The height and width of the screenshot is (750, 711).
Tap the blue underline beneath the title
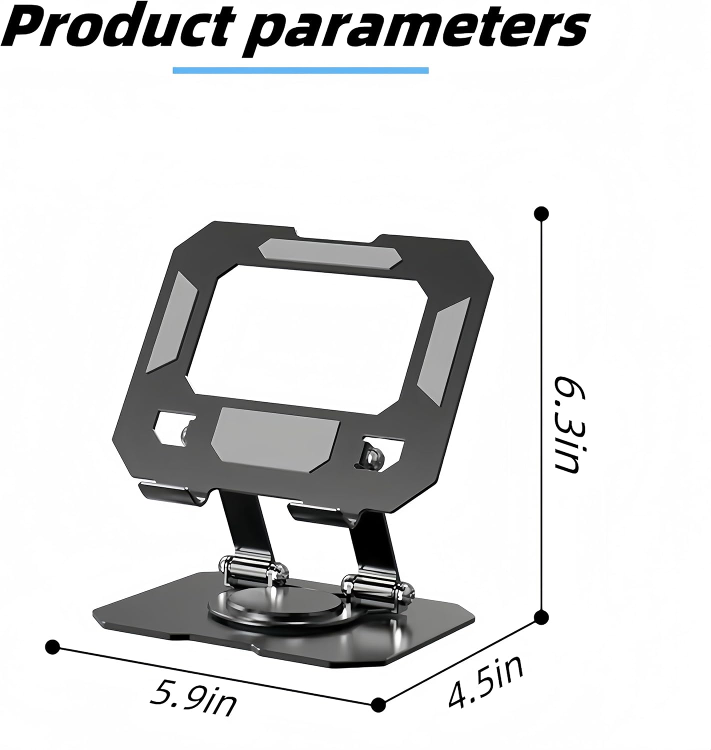tap(300, 70)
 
